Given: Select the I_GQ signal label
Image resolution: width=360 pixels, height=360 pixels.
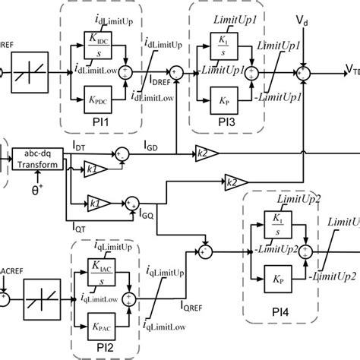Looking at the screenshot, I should coord(149,216).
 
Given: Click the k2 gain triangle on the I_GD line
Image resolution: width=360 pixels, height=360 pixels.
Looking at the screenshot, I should coord(205,154).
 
